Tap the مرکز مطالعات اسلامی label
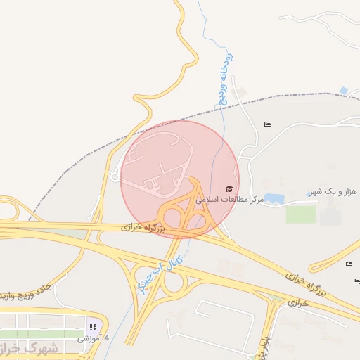(231, 200)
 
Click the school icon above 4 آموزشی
(92, 326)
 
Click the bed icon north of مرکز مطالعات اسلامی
(267, 125)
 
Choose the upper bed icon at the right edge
(349, 264)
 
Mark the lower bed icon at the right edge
(356, 281)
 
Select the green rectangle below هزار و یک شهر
(300, 214)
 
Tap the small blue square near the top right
(343, 91)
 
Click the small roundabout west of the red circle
(114, 176)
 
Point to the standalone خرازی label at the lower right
(297, 302)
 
